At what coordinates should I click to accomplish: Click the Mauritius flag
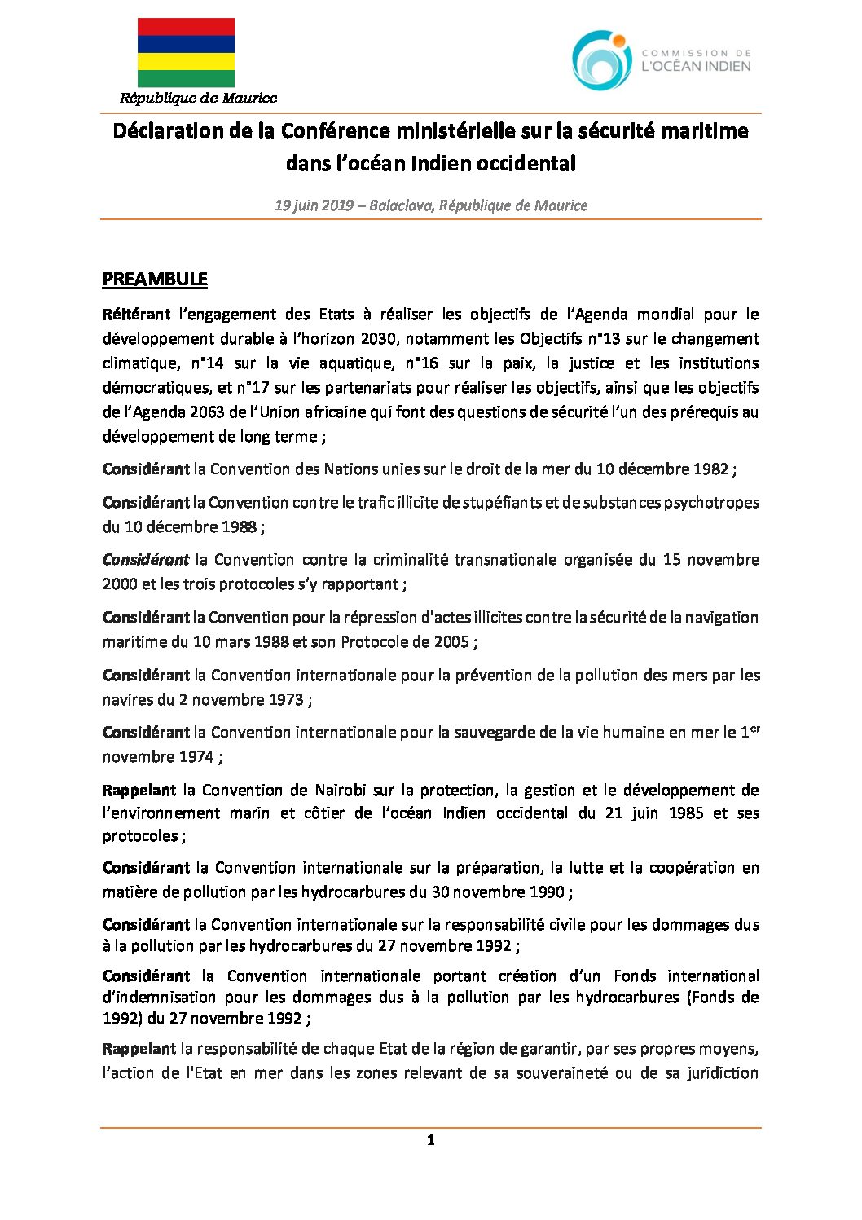point(186,52)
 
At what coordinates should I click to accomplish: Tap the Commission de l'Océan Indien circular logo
point(601,60)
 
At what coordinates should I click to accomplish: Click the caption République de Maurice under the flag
point(198,99)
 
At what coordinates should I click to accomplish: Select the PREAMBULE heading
point(155,280)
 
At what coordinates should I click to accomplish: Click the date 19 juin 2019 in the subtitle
point(313,205)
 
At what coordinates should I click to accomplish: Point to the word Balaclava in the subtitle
point(400,205)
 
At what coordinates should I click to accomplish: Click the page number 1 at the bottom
point(430,1140)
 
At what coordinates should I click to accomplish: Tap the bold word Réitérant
point(136,315)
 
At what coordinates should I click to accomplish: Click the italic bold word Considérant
point(145,560)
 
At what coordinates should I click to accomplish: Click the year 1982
point(710,469)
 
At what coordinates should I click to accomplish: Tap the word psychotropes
point(711,503)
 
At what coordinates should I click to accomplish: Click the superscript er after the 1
point(754,728)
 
